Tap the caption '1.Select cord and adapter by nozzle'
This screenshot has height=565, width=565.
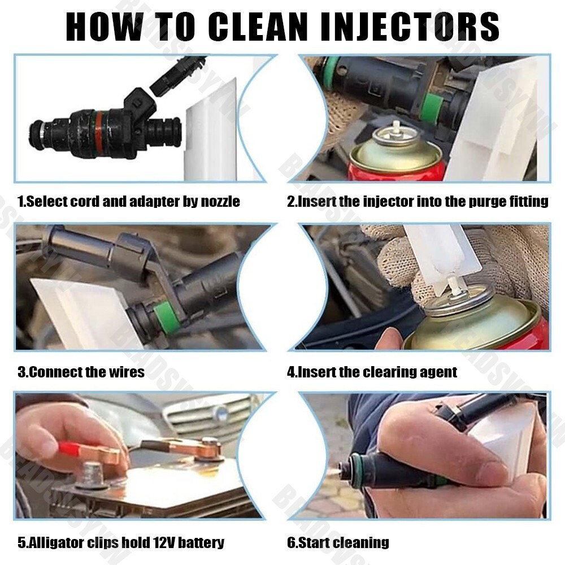click(x=129, y=201)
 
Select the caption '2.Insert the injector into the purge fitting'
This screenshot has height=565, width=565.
click(x=418, y=201)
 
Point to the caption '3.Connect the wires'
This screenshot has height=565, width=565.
click(x=81, y=372)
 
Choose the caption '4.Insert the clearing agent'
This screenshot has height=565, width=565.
click(x=372, y=372)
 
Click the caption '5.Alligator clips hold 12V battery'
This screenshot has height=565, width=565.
click(x=120, y=543)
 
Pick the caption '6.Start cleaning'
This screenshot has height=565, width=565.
click(x=338, y=543)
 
